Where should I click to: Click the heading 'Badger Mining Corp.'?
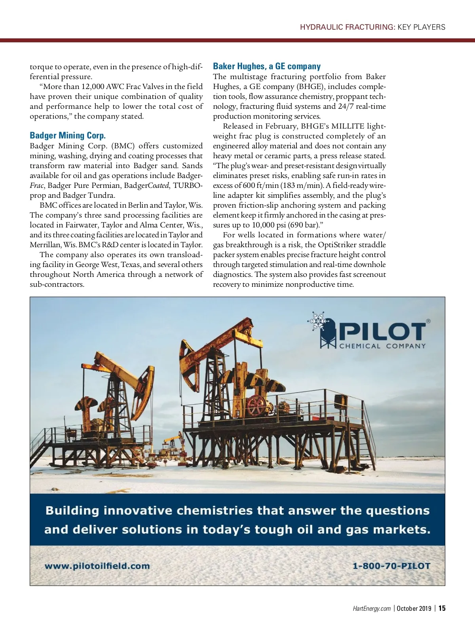[68, 136]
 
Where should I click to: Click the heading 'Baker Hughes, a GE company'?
[267, 66]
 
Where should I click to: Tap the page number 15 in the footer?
[442, 608]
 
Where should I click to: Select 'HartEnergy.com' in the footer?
[371, 608]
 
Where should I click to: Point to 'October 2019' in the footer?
[414, 608]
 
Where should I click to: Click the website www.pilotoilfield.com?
[97, 566]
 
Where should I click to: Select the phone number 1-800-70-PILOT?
[391, 566]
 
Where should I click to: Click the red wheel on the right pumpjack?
[256, 405]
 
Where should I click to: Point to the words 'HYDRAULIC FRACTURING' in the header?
[348, 27]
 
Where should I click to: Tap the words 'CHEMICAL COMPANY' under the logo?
[382, 346]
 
